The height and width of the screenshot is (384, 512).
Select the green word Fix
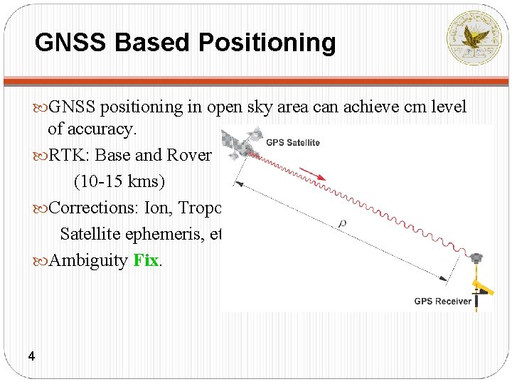pyautogui.click(x=145, y=260)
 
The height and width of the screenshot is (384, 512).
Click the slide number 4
pyautogui.click(x=31, y=356)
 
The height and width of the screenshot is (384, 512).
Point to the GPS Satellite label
pyautogui.click(x=292, y=142)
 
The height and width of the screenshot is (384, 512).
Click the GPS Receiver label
pyautogui.click(x=442, y=301)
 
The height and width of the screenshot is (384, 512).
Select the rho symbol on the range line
pyautogui.click(x=343, y=223)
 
